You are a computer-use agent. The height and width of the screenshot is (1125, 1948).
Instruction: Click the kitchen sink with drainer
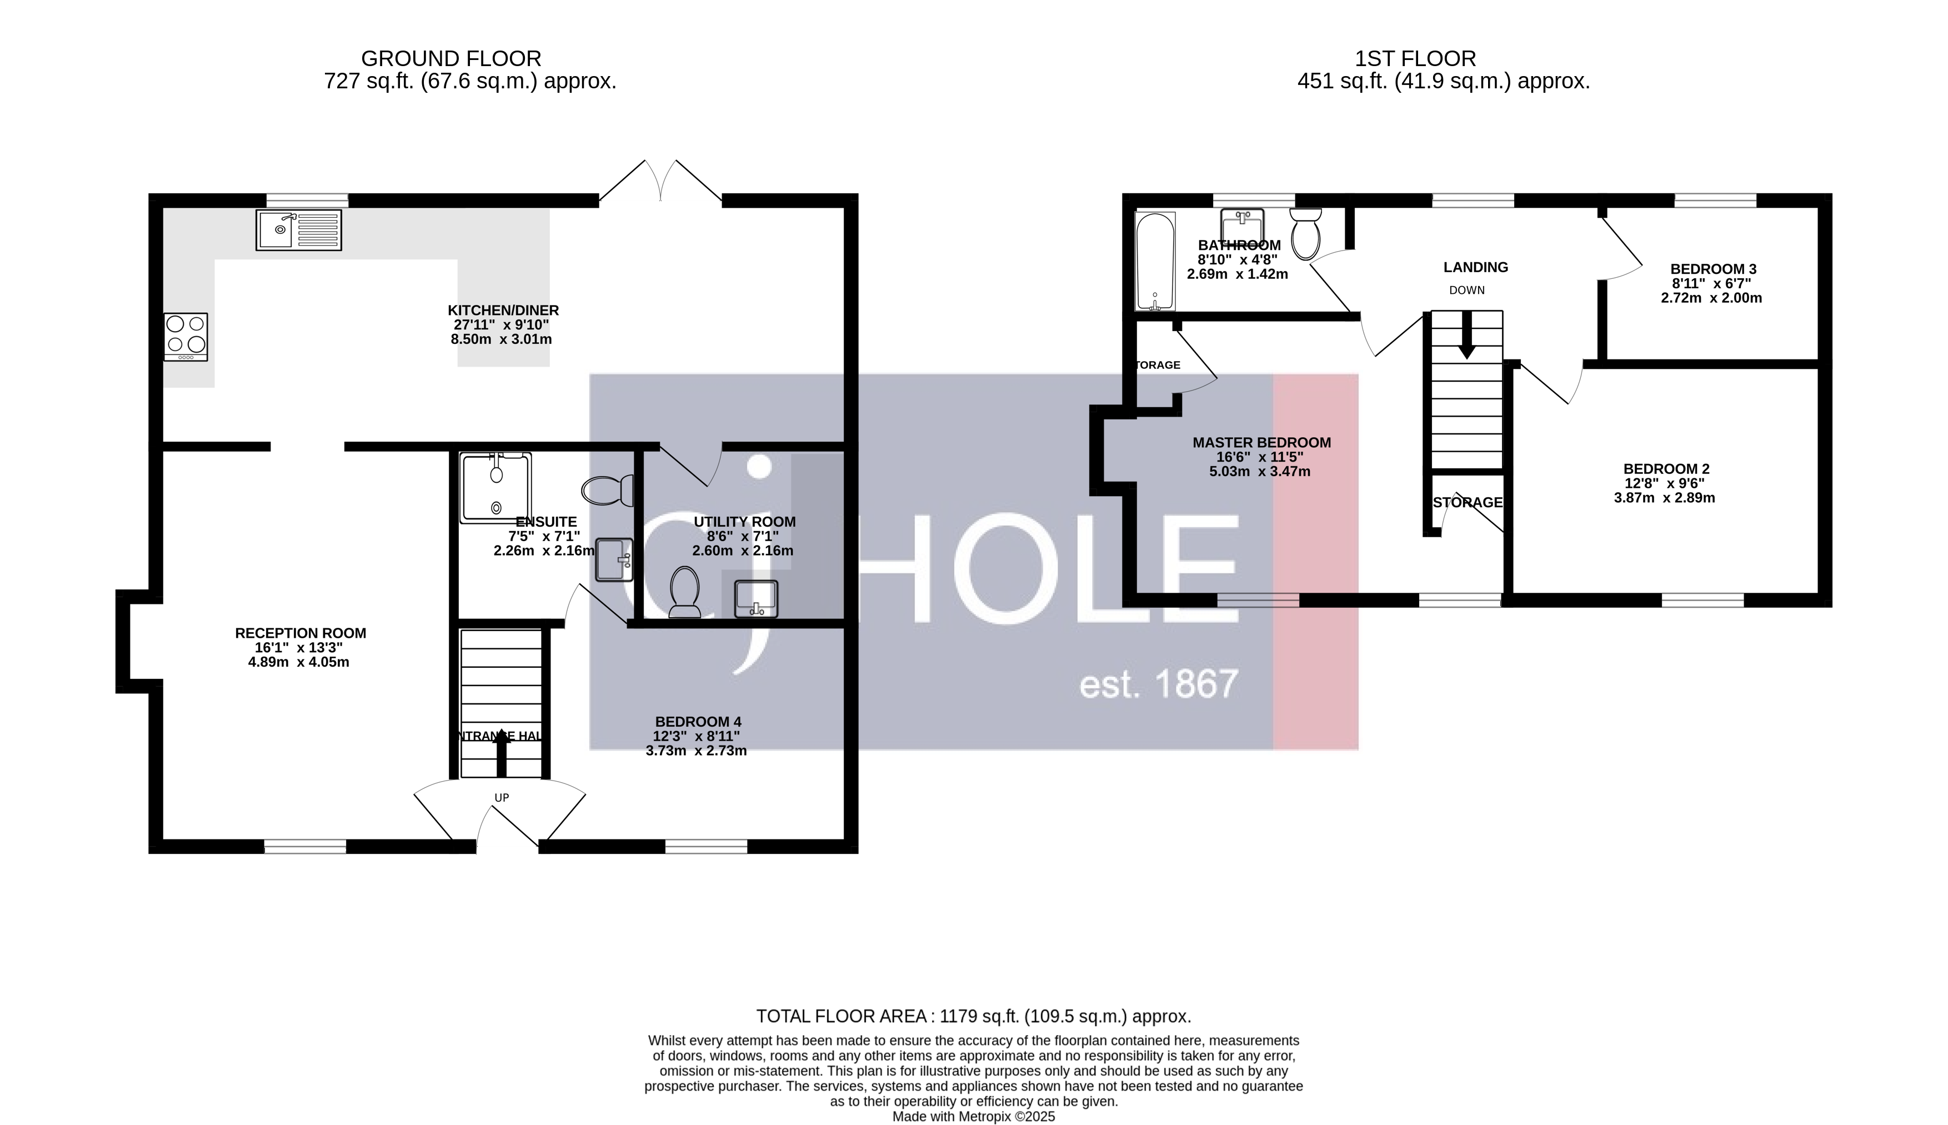298,229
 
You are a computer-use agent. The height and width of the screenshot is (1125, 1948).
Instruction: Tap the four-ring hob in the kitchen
186,336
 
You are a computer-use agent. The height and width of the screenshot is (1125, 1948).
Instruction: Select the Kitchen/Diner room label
503,311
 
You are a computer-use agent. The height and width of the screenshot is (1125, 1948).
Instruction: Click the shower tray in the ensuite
495,488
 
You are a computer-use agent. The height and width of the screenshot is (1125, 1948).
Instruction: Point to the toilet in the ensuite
607,490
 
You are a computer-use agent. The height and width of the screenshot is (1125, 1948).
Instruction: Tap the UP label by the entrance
501,797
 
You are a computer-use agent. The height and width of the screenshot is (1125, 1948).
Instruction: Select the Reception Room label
301,633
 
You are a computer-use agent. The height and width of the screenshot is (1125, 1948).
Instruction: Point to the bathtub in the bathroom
1155,261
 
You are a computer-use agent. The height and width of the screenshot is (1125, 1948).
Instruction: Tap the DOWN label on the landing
1466,291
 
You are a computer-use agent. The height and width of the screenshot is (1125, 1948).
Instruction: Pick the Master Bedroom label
1261,443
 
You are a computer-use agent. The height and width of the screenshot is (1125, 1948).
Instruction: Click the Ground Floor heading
451,59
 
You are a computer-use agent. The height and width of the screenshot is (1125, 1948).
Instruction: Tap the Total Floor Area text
973,1016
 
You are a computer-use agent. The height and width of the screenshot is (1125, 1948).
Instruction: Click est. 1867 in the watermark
1159,684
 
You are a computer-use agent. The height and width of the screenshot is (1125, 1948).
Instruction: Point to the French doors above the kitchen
660,182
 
